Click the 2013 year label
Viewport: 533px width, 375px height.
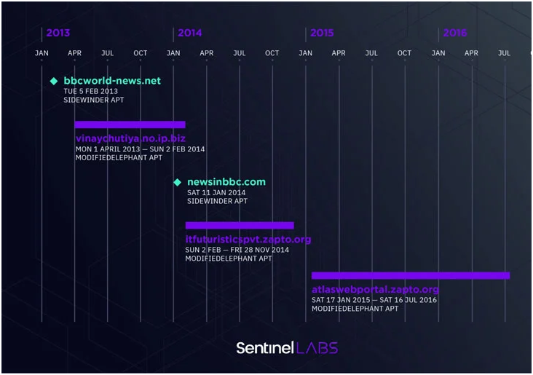58,33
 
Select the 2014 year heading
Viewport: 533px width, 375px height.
189,33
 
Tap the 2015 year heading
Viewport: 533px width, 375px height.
322,33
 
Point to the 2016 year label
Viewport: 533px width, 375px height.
455,33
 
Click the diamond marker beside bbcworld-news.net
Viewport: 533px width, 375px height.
54,81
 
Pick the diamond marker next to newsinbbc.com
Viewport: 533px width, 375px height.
177,182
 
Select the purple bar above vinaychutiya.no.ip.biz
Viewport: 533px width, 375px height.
130,125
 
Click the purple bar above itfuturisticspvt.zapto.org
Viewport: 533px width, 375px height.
240,226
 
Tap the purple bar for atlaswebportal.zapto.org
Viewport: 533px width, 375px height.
411,275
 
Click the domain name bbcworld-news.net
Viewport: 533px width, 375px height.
112,81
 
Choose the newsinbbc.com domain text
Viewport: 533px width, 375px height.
226,182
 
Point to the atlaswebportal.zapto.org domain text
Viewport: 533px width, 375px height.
375,290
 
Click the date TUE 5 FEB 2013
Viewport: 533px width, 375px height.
91,91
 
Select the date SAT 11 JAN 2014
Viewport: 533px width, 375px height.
216,192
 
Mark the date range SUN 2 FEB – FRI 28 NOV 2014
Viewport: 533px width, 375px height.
237,250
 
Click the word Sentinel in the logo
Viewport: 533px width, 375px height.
265,348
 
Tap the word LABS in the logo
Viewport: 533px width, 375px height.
317,348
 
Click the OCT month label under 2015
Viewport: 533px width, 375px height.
404,53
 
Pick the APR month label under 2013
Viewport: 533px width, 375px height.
74,53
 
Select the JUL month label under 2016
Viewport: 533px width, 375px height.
504,53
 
